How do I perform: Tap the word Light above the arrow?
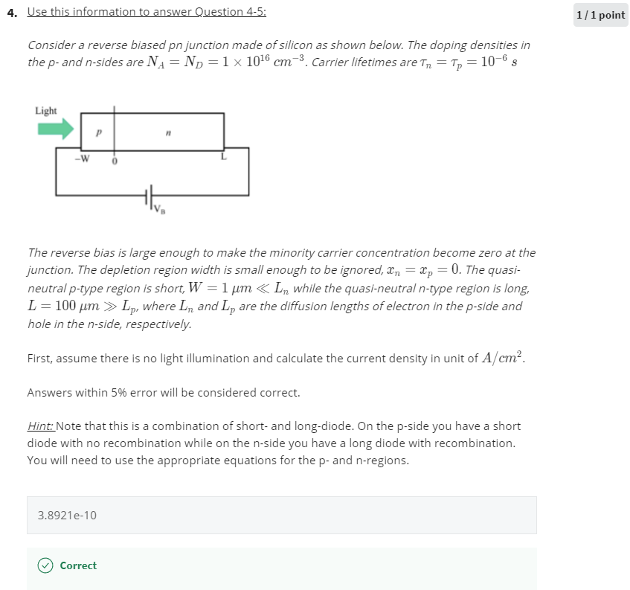tap(46, 111)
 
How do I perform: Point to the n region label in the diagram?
tap(168, 133)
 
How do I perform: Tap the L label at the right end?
tap(222, 156)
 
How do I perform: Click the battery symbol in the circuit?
tap(149, 196)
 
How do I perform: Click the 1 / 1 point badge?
tap(600, 15)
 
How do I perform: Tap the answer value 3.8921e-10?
tap(67, 515)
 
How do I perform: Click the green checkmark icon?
tap(45, 565)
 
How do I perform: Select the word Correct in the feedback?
tap(78, 565)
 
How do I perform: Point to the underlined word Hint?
tap(40, 426)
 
